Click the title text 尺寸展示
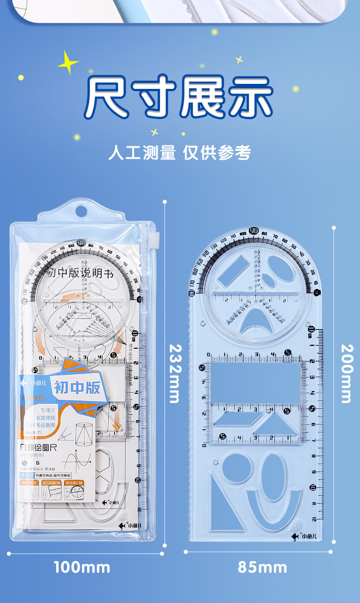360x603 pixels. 180,97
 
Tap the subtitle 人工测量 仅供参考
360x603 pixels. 180,153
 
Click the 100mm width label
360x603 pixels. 82,567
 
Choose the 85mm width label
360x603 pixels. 262,567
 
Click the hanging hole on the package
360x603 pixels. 81,211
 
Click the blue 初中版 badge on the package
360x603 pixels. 77,387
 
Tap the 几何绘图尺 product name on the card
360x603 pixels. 43,449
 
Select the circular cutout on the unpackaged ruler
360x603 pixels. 235,469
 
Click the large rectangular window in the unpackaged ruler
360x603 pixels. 256,381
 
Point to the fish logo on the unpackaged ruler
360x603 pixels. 296,536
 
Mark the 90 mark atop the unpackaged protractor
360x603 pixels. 254,231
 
